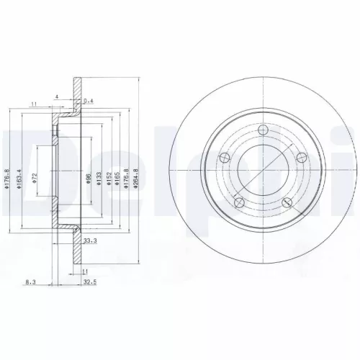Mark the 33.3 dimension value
point(91,240)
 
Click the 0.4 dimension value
point(89,102)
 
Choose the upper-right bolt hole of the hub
point(301,156)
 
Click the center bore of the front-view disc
point(264,170)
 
